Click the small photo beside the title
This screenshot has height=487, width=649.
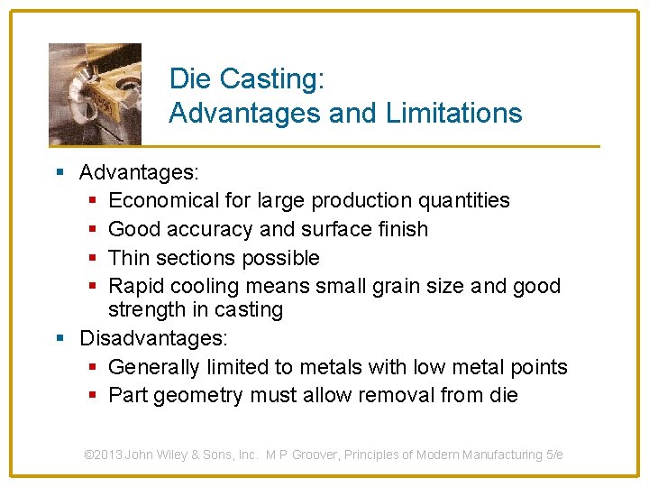coord(95,93)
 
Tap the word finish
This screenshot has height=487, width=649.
coord(400,229)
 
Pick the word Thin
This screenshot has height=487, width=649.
coord(129,258)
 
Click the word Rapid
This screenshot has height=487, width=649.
coord(133,287)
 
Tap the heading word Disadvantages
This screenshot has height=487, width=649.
coord(153,339)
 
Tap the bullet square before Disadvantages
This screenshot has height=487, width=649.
coord(60,339)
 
